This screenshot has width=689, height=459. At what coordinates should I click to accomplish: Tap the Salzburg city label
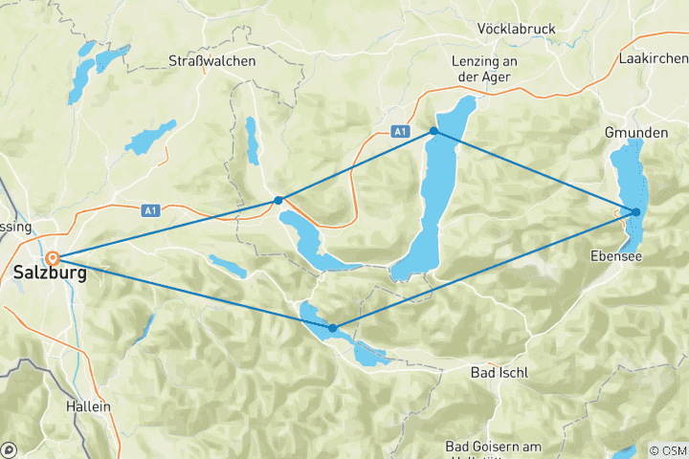click(x=50, y=274)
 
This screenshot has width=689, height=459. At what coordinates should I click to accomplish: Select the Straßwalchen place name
click(x=211, y=60)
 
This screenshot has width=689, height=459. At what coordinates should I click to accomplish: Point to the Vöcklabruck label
click(x=516, y=30)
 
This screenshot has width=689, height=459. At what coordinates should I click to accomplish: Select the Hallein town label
click(x=88, y=406)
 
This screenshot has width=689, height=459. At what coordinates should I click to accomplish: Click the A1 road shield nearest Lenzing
click(x=400, y=131)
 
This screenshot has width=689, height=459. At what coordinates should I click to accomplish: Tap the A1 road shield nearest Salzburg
click(x=149, y=209)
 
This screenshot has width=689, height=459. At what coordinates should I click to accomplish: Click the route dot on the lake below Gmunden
click(x=636, y=212)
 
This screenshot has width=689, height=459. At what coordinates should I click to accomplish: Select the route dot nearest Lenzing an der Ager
click(x=433, y=131)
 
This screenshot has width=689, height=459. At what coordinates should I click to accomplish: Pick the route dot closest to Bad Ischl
click(x=332, y=328)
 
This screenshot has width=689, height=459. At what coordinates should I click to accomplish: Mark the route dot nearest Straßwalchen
click(x=278, y=200)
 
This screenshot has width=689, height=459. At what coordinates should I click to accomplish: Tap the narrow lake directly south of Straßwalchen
click(x=252, y=141)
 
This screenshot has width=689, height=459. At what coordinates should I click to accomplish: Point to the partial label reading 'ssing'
click(x=16, y=227)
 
